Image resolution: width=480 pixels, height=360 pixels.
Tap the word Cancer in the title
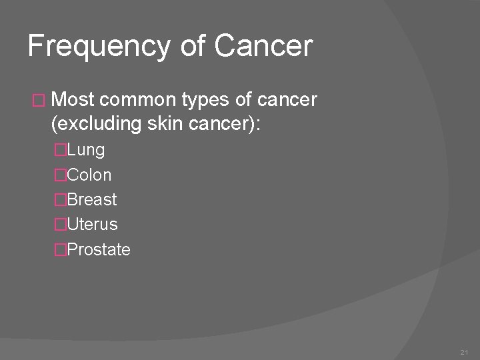[x=263, y=47]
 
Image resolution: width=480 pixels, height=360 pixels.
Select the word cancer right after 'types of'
[x=285, y=101]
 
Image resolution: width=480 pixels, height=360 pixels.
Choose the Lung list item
[x=86, y=150]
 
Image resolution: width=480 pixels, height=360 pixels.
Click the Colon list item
[x=89, y=175]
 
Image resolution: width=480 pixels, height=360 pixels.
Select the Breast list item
[x=92, y=199]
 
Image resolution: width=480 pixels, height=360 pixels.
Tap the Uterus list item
[x=92, y=225]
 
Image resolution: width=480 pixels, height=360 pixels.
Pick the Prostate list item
[x=99, y=250]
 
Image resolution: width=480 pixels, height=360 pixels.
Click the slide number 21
[x=464, y=351]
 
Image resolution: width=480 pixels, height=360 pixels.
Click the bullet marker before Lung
[x=60, y=150]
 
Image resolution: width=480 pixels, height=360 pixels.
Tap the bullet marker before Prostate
[x=60, y=250]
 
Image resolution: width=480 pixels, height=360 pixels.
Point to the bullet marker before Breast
[x=60, y=200]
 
